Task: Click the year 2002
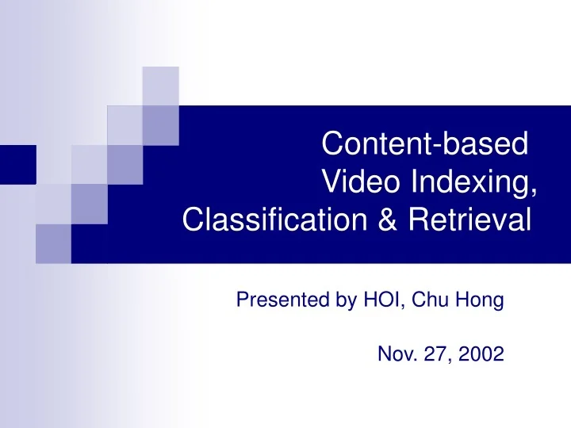(x=483, y=356)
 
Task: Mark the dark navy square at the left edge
(x=17, y=165)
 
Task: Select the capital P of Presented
(x=243, y=301)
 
